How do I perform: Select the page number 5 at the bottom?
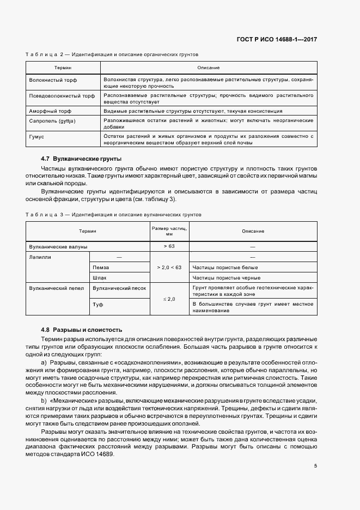tap(315, 466)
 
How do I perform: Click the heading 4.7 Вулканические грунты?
tap(74, 159)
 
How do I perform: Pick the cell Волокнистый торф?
tap(53, 81)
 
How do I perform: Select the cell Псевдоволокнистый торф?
tap(62, 96)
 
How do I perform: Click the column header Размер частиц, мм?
tap(169, 231)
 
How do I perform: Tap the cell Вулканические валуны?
tap(58, 246)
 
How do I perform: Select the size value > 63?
tap(169, 246)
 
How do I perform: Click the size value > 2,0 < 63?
tap(169, 268)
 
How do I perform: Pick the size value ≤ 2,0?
tap(169, 299)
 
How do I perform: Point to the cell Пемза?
tap(101, 268)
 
